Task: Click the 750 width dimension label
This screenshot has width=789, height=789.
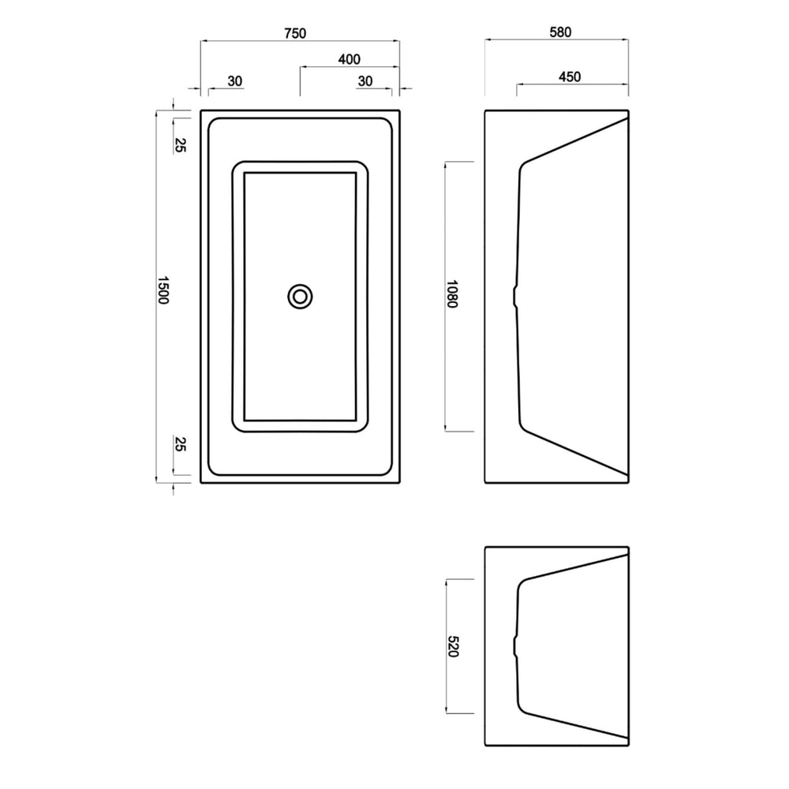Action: click(295, 33)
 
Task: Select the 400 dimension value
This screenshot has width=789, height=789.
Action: click(350, 59)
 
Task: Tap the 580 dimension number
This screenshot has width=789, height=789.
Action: click(560, 32)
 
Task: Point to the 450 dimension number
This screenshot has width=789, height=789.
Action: click(570, 77)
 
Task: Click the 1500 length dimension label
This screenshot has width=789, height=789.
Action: click(163, 290)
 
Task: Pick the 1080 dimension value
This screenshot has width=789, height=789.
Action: click(451, 294)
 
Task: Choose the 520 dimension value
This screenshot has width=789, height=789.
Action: click(453, 647)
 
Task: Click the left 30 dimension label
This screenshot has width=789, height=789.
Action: click(235, 81)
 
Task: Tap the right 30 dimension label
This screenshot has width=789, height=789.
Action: click(365, 81)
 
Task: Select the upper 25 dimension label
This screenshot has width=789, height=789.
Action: click(180, 145)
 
